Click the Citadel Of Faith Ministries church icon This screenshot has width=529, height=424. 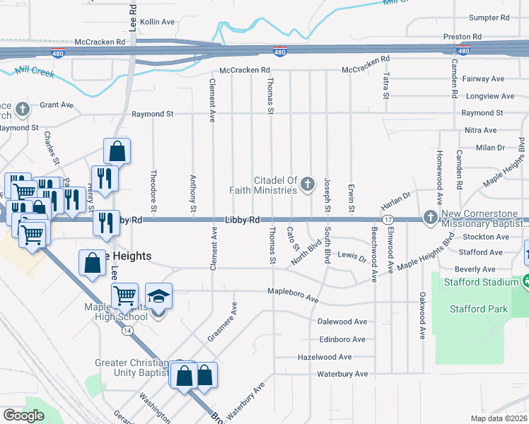tap(307, 184)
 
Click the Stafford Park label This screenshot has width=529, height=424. tap(478, 309)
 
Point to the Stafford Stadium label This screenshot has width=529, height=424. tap(481, 283)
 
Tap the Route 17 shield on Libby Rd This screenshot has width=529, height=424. tap(388, 220)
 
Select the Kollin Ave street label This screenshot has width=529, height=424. tap(157, 22)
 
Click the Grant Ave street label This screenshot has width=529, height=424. tap(57, 105)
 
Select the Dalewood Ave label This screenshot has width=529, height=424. tap(342, 322)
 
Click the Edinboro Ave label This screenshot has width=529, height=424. tap(342, 339)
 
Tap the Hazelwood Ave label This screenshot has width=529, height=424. tap(325, 357)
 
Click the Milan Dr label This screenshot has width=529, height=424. tap(490, 148)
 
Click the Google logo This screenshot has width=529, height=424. tap(23, 416)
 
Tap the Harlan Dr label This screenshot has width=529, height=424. tap(396, 199)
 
